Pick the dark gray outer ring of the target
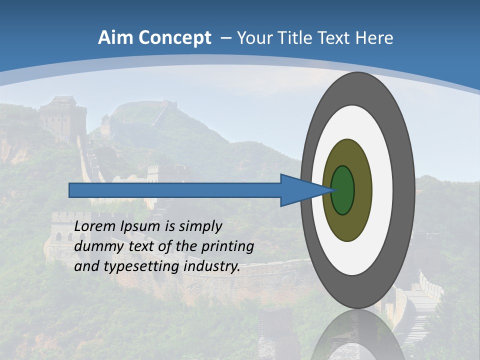click(404, 190)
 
